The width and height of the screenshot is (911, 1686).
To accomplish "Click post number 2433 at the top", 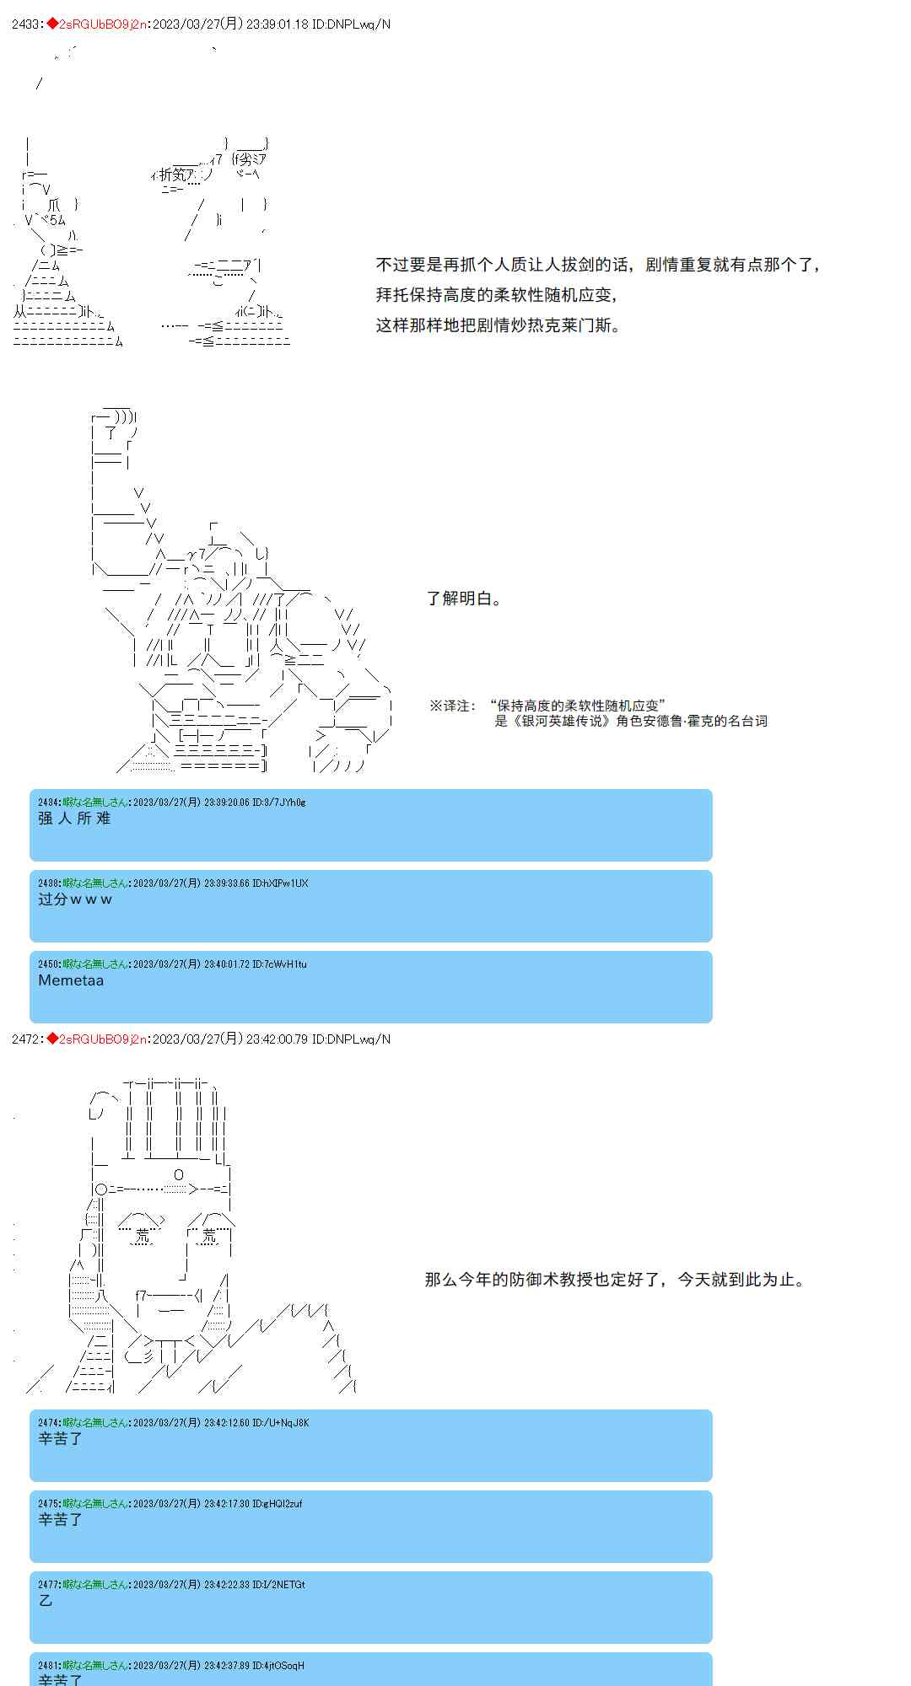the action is pyautogui.click(x=26, y=24).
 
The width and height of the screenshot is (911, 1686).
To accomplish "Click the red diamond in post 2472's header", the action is pyautogui.click(x=52, y=1039).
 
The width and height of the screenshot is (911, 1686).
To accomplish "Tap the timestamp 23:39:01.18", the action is pyautogui.click(x=276, y=24).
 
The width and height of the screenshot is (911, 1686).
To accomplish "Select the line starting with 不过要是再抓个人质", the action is pyautogui.click(x=597, y=265).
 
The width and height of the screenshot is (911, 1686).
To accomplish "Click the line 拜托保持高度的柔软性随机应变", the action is pyautogui.click(x=496, y=295).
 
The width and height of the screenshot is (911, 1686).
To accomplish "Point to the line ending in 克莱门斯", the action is pyautogui.click(x=498, y=325).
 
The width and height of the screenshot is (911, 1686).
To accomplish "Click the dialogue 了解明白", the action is pyautogui.click(x=463, y=599).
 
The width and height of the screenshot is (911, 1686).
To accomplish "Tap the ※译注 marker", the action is pyautogui.click(x=452, y=706).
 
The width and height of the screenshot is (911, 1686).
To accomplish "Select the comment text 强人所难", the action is pyautogui.click(x=74, y=819).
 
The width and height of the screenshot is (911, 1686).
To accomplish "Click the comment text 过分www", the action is pyautogui.click(x=75, y=899).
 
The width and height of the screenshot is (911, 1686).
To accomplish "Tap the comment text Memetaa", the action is pyautogui.click(x=71, y=980).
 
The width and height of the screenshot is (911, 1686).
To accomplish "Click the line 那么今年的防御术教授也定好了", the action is pyautogui.click(x=614, y=1280).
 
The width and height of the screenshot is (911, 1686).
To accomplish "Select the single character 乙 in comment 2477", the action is pyautogui.click(x=46, y=1601).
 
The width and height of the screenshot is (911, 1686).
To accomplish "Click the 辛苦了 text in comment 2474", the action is pyautogui.click(x=60, y=1439).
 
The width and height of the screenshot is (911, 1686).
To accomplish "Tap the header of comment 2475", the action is pyautogui.click(x=170, y=1504).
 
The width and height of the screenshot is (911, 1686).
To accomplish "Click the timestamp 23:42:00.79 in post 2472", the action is pyautogui.click(x=276, y=1039).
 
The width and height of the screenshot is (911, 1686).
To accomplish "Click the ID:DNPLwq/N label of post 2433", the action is pyautogui.click(x=351, y=24).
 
